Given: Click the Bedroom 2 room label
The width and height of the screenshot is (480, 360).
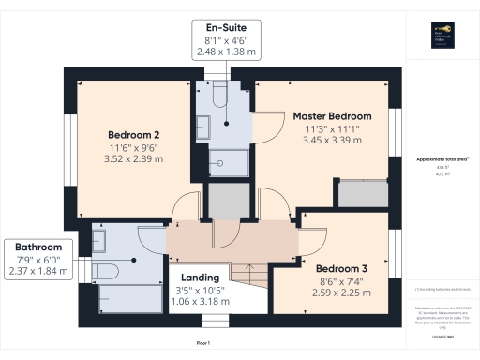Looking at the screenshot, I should tap(132, 133).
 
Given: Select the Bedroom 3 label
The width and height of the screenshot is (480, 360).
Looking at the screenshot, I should tap(341, 269).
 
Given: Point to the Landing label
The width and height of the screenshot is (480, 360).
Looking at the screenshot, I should tap(199, 277).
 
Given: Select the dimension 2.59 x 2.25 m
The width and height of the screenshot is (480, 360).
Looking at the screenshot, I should tap(341, 292).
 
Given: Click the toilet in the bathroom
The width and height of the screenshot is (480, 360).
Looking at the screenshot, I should tap(105, 271).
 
